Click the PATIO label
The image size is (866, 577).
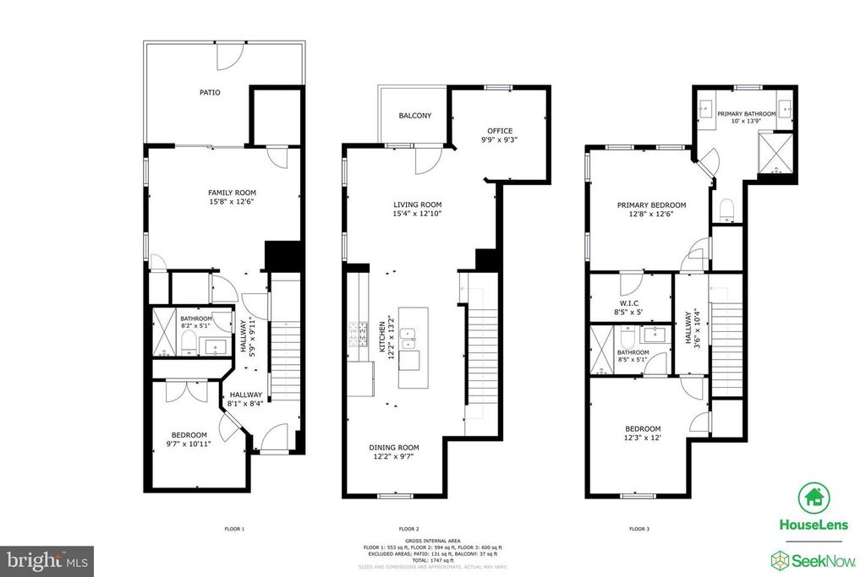click(210, 92)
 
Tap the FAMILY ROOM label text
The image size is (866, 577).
click(231, 193)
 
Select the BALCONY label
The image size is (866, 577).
click(414, 116)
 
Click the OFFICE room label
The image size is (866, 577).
click(499, 131)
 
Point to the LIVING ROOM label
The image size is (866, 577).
click(418, 204)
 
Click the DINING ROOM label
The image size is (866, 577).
click(393, 448)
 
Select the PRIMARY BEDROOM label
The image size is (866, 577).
click(651, 205)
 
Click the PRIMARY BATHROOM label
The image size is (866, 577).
click(747, 113)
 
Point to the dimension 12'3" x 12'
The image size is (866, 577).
click(643, 438)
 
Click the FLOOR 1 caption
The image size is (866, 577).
click(234, 530)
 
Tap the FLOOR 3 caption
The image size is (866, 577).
click(639, 530)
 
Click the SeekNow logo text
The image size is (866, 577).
click(825, 558)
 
